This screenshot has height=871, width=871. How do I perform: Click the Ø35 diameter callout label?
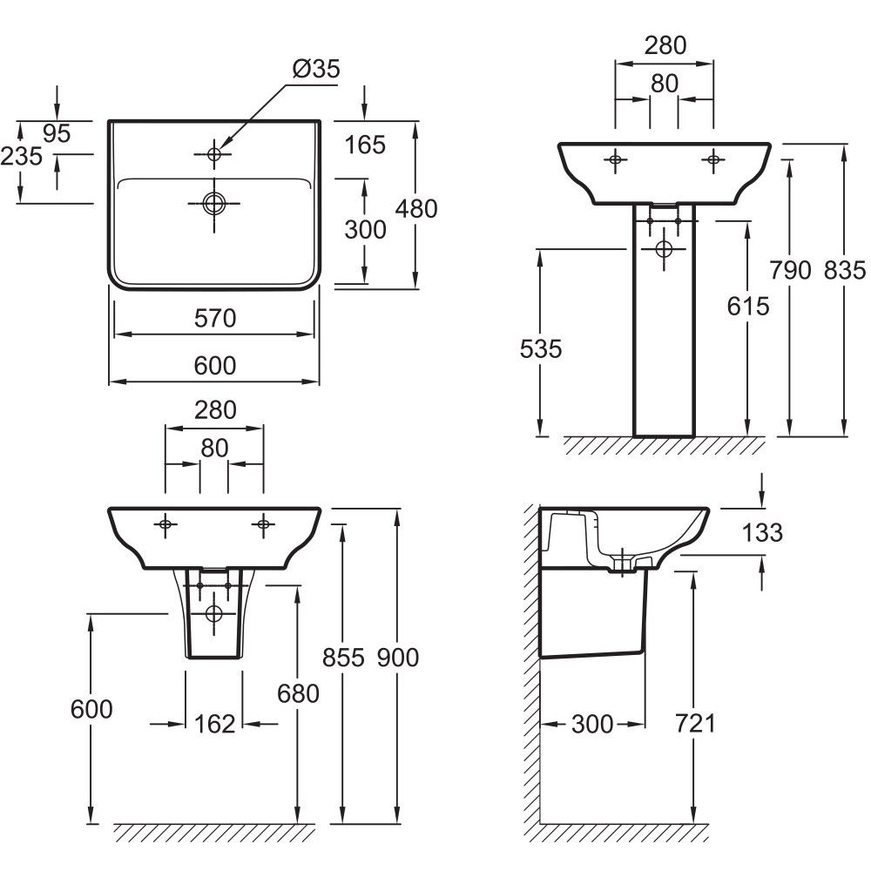click(x=316, y=69)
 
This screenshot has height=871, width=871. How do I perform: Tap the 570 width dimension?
click(x=215, y=318)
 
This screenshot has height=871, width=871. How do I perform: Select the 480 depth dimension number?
click(x=416, y=208)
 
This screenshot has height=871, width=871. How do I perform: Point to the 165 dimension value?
click(x=365, y=145)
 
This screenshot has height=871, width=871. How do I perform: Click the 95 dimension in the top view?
click(x=57, y=133)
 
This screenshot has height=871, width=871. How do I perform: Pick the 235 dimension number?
click(x=21, y=156)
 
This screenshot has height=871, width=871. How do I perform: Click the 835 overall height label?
click(x=845, y=271)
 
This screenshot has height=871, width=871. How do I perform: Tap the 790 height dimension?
click(x=791, y=271)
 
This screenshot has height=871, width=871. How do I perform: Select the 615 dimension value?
click(x=748, y=306)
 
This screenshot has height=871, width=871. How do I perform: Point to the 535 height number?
click(x=541, y=349)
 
